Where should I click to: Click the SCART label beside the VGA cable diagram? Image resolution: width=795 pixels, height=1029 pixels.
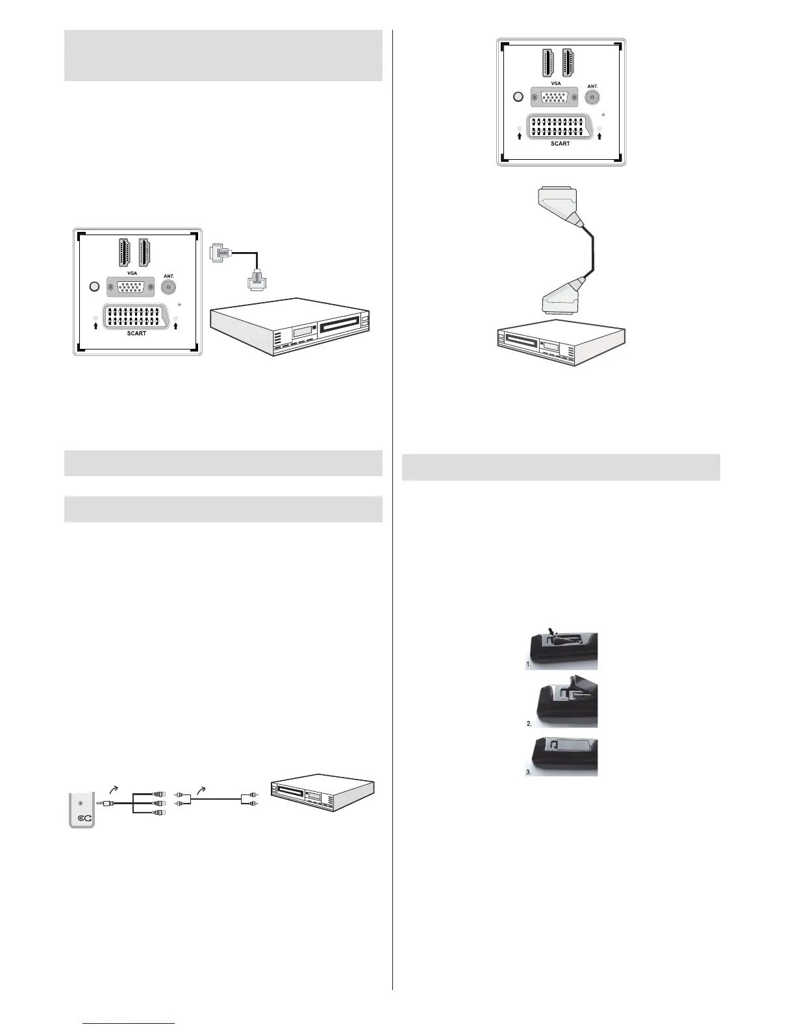tap(136, 333)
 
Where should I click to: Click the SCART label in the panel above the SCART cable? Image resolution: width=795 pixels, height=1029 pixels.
tap(560, 144)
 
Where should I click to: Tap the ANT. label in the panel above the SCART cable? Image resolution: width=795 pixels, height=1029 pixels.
tap(592, 86)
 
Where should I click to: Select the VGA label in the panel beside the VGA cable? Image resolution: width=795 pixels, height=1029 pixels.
tap(132, 273)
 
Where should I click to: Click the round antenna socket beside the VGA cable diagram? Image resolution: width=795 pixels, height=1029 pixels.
tap(169, 287)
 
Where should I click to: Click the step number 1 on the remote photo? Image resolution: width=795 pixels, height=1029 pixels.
tap(529, 665)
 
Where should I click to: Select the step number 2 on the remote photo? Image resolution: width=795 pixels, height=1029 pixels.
tap(529, 723)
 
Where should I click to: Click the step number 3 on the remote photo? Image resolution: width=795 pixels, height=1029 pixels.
tap(529, 772)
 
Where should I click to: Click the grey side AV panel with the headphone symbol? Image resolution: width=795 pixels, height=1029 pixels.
tap(82, 809)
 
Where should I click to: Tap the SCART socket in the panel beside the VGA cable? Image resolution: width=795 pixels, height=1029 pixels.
tap(136, 316)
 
